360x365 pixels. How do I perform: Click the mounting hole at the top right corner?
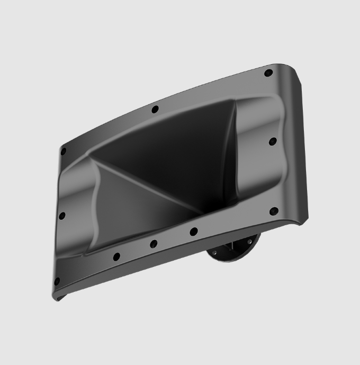point(268,73)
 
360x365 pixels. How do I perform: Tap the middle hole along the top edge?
point(155,110)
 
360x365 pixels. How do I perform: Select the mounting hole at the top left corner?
point(64,152)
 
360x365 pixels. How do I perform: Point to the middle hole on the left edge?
point(62,216)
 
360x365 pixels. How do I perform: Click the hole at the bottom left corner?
point(57,281)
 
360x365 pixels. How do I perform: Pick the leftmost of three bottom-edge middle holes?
point(116,257)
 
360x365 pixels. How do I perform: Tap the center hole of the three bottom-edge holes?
point(154,244)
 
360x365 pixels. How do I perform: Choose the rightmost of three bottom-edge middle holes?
point(194,232)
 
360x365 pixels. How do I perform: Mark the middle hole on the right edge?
point(273,141)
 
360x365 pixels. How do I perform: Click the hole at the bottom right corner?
point(274,211)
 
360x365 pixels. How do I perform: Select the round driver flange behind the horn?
point(233,249)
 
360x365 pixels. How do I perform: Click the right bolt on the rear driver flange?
point(248,243)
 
